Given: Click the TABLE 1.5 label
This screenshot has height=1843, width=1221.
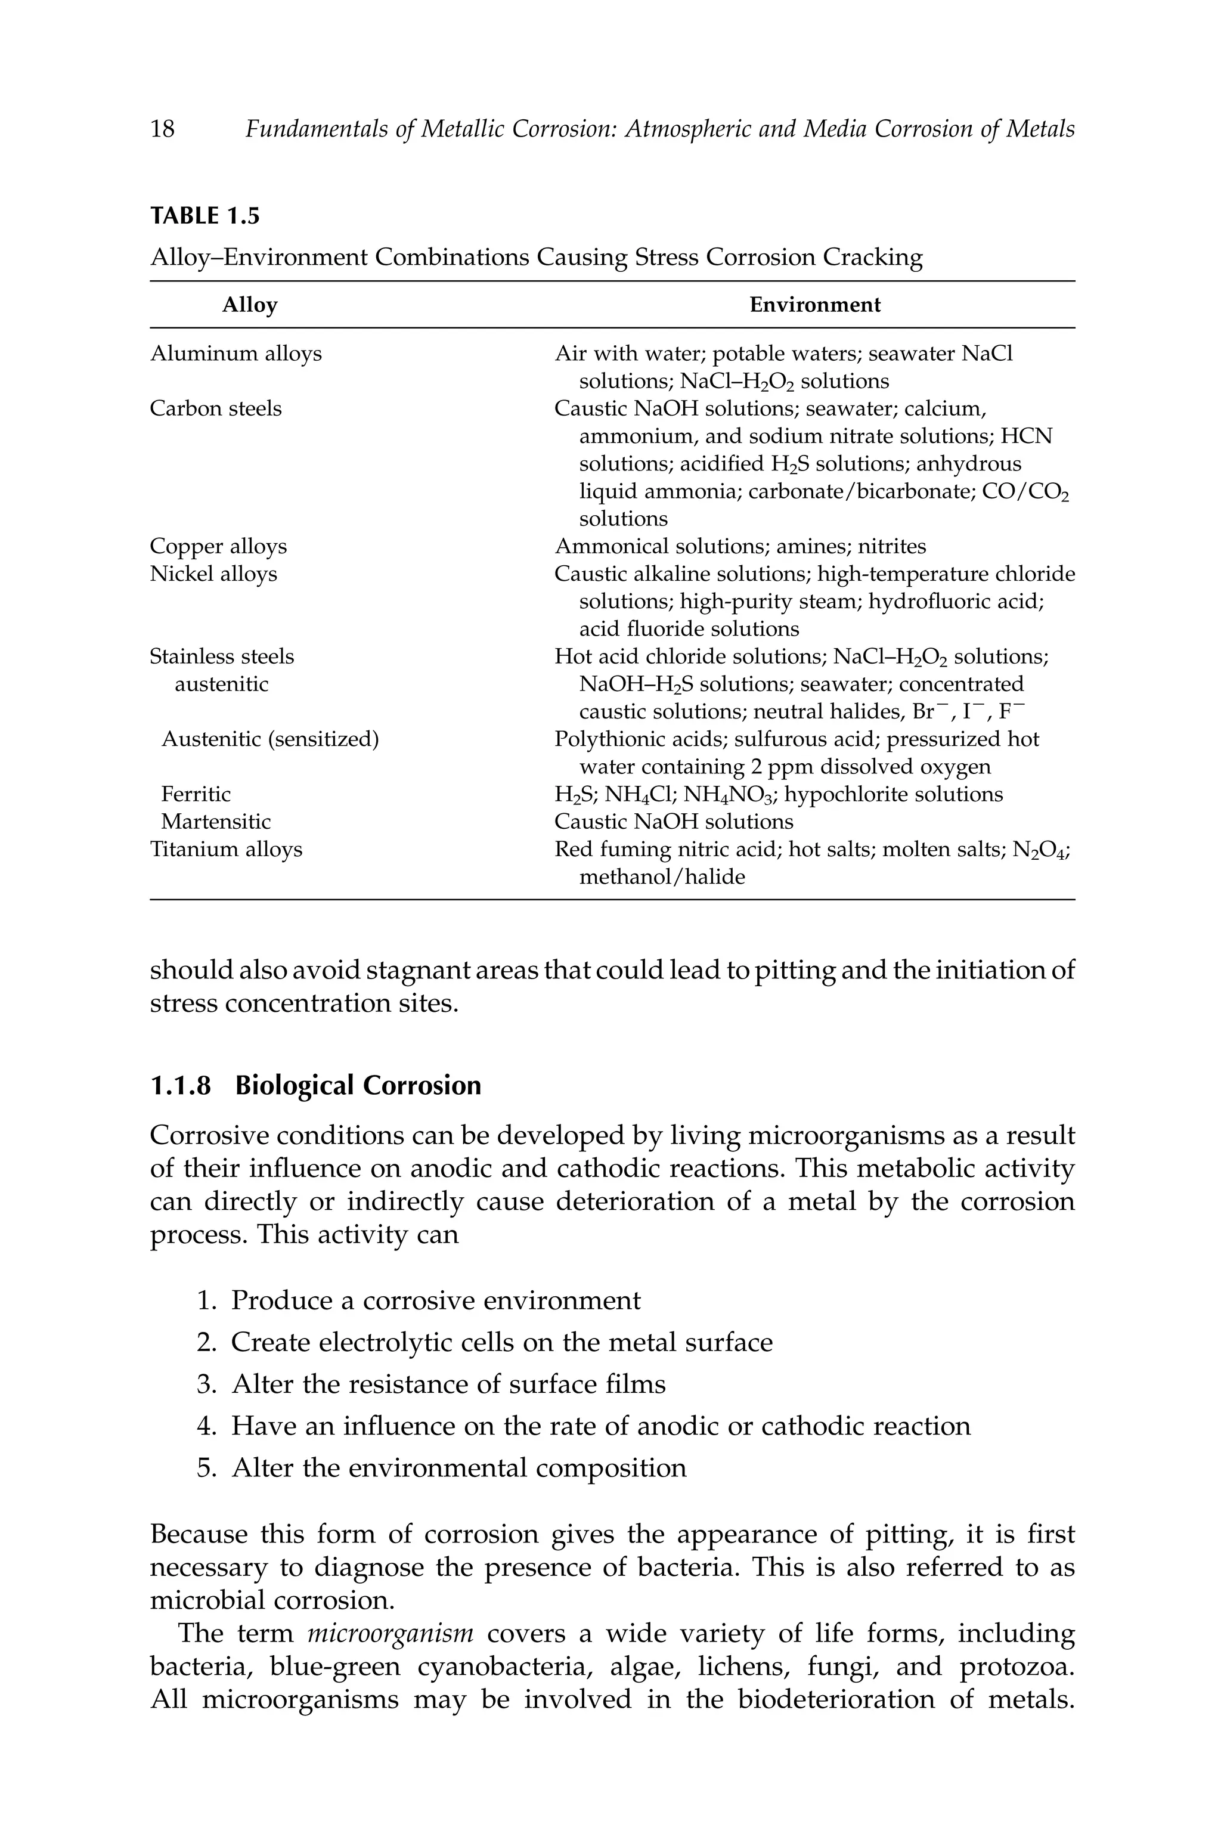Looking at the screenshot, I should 204,216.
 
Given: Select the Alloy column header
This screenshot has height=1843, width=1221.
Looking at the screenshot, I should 249,305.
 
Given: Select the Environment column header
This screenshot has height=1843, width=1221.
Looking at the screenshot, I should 814,305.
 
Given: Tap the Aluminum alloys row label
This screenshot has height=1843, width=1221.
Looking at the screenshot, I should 235,354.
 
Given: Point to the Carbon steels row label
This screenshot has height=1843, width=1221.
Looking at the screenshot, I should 216,409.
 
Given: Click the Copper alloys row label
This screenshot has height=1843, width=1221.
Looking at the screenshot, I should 218,547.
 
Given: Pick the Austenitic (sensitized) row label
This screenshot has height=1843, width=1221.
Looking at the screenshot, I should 269,739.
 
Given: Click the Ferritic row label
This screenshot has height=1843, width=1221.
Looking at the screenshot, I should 196,794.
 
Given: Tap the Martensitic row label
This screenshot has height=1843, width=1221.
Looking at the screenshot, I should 216,822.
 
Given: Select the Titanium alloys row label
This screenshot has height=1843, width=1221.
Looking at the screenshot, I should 226,850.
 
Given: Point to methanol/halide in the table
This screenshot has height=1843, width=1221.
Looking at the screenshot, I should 662,878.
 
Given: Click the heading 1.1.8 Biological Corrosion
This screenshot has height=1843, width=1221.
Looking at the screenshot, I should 315,1085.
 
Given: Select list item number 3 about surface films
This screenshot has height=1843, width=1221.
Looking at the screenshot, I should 448,1384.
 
